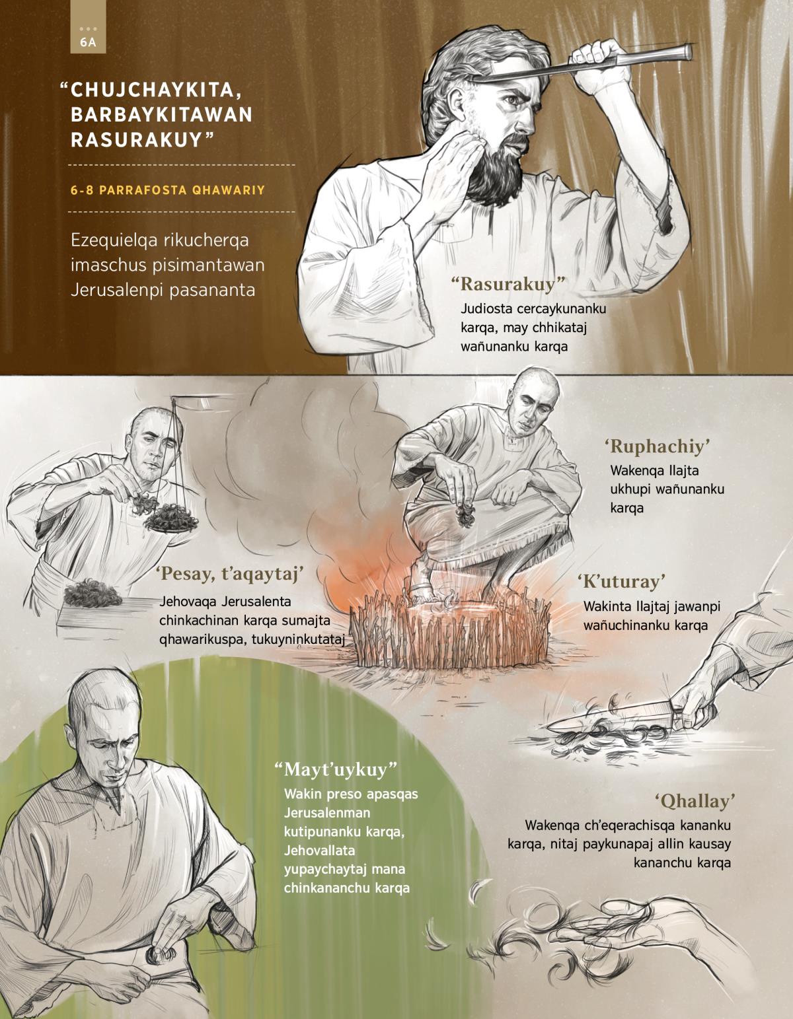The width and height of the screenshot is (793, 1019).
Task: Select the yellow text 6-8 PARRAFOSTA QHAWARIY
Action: tap(168, 190)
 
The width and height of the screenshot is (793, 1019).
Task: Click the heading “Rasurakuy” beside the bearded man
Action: tap(508, 284)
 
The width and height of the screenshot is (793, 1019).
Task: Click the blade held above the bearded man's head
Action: tap(582, 65)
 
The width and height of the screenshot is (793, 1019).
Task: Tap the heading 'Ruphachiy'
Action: tap(657, 446)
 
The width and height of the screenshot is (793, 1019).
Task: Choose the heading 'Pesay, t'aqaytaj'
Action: tap(229, 574)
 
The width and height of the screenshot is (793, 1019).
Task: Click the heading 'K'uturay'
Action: tap(622, 581)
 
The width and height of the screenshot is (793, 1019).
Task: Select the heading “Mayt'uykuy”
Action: tap(336, 769)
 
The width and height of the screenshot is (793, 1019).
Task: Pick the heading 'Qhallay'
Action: tap(695, 801)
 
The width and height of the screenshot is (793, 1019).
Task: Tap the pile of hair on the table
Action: tap(93, 594)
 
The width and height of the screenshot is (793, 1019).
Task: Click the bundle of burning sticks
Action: tap(451, 631)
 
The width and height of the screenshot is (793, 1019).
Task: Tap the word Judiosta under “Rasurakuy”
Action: tap(486, 309)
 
